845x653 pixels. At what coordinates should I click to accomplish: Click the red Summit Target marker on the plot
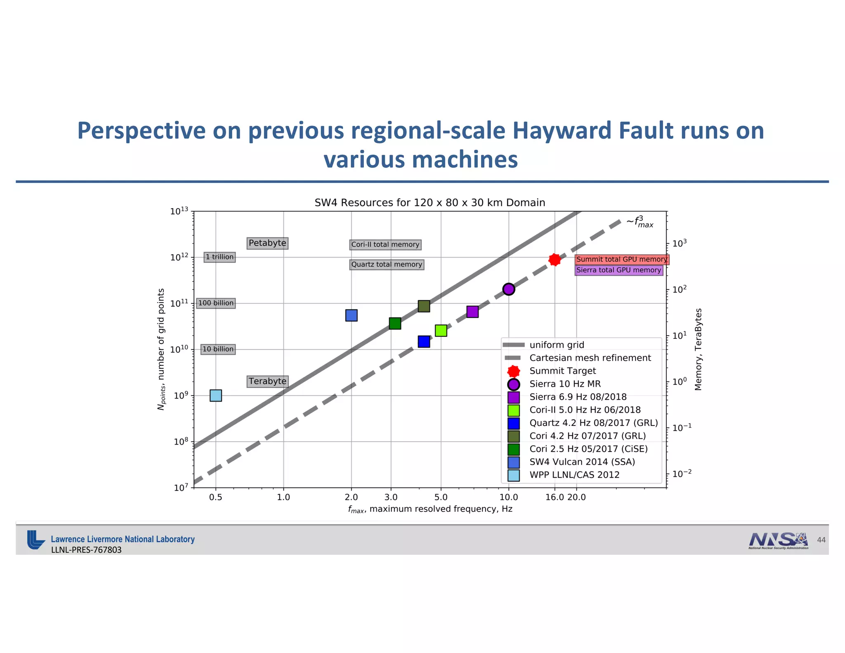(x=555, y=260)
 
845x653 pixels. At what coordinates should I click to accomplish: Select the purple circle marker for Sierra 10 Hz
(x=509, y=289)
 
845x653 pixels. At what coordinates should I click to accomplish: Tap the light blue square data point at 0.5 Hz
(x=216, y=395)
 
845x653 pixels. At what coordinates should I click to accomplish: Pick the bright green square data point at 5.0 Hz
(x=441, y=331)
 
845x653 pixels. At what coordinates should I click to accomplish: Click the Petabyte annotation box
(x=267, y=243)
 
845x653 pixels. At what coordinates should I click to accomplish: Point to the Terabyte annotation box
(x=267, y=381)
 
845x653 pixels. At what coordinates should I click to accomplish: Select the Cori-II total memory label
(x=385, y=245)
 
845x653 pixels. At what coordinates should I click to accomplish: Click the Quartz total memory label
(x=387, y=265)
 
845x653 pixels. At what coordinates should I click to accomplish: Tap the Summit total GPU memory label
(x=621, y=260)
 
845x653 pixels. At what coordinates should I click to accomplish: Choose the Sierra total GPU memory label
(x=618, y=270)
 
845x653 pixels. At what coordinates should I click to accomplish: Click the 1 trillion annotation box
(x=220, y=257)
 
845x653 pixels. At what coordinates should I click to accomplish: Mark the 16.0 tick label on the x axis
(x=554, y=497)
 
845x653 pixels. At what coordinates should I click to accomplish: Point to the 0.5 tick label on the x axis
(x=215, y=497)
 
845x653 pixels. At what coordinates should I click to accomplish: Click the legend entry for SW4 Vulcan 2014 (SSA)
(x=582, y=462)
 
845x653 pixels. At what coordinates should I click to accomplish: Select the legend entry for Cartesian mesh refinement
(x=590, y=358)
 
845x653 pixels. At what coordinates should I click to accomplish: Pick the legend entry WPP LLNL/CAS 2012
(x=574, y=475)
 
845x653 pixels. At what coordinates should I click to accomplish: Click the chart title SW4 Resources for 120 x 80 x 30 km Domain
(x=430, y=203)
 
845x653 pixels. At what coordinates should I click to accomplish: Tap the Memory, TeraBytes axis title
(x=698, y=349)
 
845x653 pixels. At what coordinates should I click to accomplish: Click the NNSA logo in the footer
(x=778, y=540)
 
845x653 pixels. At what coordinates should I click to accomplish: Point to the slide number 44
(x=821, y=540)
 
